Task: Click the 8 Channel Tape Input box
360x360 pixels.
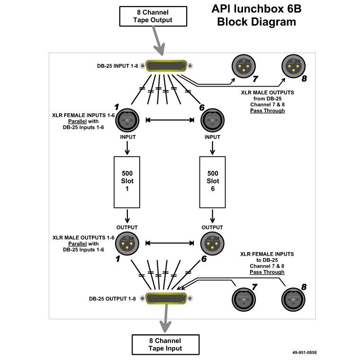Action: [x=164, y=344]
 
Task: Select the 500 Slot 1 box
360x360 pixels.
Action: [x=127, y=181]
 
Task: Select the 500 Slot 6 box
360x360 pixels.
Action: [x=212, y=181]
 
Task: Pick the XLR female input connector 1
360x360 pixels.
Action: [x=127, y=120]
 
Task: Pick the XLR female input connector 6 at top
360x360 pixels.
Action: [x=212, y=120]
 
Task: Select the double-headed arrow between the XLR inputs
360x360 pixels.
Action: [x=170, y=120]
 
